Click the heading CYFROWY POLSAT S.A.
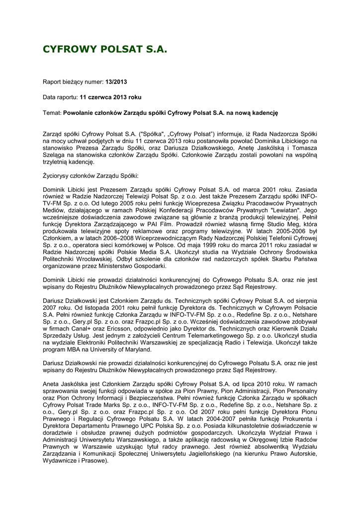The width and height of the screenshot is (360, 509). [x=105, y=50]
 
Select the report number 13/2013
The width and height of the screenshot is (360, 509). [x=119, y=81]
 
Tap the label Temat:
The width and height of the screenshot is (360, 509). [x=53, y=113]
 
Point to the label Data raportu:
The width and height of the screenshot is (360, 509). [x=57, y=97]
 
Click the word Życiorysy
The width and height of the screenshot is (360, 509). [x=58, y=176]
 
